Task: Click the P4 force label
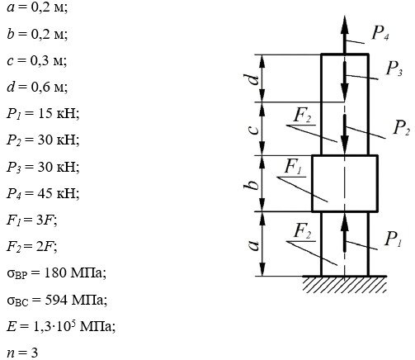tap(380, 33)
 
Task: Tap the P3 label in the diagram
tap(394, 69)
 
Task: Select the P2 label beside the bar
tap(401, 128)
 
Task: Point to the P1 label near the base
tap(394, 239)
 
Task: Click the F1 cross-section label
tap(293, 167)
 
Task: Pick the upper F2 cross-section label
tap(303, 115)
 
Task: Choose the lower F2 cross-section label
tap(303, 231)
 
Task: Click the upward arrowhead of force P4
tap(345, 25)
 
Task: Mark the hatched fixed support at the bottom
tap(345, 284)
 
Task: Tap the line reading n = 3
tap(22, 353)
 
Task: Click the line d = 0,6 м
tap(37, 87)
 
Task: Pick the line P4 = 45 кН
tap(43, 194)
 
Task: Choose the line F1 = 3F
tap(32, 220)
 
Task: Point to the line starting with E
tap(61, 326)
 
